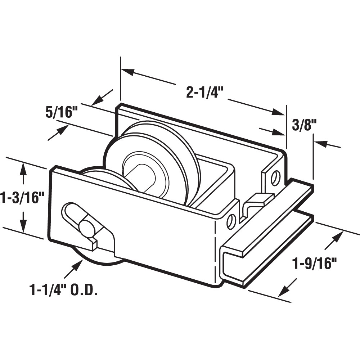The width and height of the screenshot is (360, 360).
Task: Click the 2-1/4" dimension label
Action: coord(205,93)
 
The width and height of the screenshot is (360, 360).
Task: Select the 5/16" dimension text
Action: coord(62,112)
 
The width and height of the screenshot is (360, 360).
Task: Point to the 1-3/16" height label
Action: coord(22,198)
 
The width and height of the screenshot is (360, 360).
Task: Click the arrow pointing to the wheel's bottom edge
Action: coord(75,267)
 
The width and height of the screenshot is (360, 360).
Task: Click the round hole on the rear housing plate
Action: coord(276,177)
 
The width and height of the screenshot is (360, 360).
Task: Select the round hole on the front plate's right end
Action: coord(231,221)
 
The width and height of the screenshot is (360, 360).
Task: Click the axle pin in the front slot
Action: coord(86,228)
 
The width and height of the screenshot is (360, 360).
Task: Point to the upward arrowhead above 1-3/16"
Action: coord(23,169)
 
